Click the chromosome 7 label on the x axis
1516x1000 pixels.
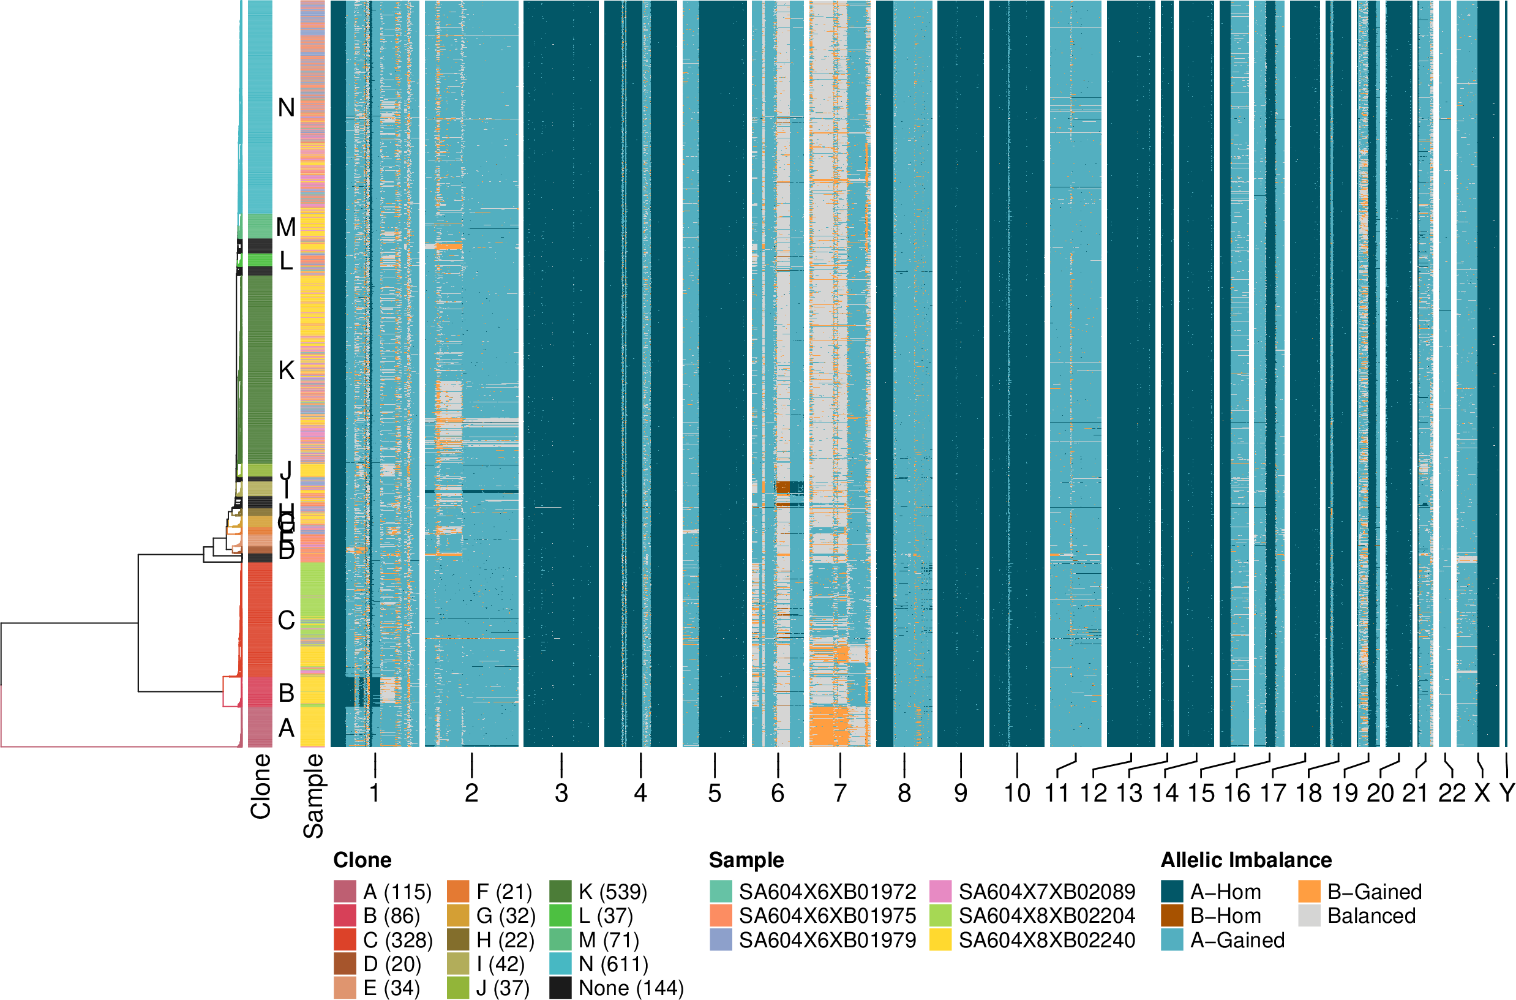839,794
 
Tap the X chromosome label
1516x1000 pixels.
1482,794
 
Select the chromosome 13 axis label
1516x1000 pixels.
1128,794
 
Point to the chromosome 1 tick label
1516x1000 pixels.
374,794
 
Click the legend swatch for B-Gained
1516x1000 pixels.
1310,892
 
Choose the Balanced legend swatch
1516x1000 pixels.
1310,916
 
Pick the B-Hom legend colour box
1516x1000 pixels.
1172,916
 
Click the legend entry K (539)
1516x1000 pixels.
613,892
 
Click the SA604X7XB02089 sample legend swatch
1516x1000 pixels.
940,892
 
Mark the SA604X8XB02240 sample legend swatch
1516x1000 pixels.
940,940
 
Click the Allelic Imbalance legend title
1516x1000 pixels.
1246,860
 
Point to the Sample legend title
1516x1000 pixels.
746,860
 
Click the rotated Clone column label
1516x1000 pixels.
261,786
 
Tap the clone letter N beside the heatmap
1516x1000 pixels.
287,108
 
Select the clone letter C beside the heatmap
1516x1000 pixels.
287,620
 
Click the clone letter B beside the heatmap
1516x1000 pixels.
287,693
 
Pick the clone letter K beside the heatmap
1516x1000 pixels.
287,370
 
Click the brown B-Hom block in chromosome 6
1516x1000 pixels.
783,487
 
